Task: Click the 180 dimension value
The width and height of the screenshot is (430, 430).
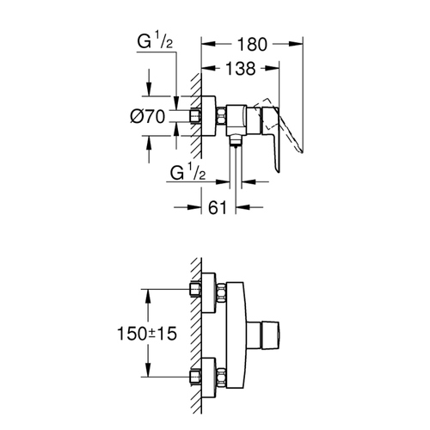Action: [x=252, y=45]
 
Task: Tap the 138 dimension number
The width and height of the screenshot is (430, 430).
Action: [x=240, y=69]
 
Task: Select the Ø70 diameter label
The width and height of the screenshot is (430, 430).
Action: [x=148, y=117]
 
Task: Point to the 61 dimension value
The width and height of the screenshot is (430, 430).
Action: [x=218, y=207]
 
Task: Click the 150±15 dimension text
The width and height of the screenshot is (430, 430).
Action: [x=147, y=334]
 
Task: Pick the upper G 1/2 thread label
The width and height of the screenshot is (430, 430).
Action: [x=155, y=42]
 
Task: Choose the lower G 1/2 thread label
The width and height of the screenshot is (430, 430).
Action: [x=187, y=172]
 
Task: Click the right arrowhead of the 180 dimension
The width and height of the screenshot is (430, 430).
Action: [x=296, y=44]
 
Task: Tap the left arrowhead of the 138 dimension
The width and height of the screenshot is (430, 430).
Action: [x=208, y=69]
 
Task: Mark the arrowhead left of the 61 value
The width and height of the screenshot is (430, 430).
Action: [x=194, y=207]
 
